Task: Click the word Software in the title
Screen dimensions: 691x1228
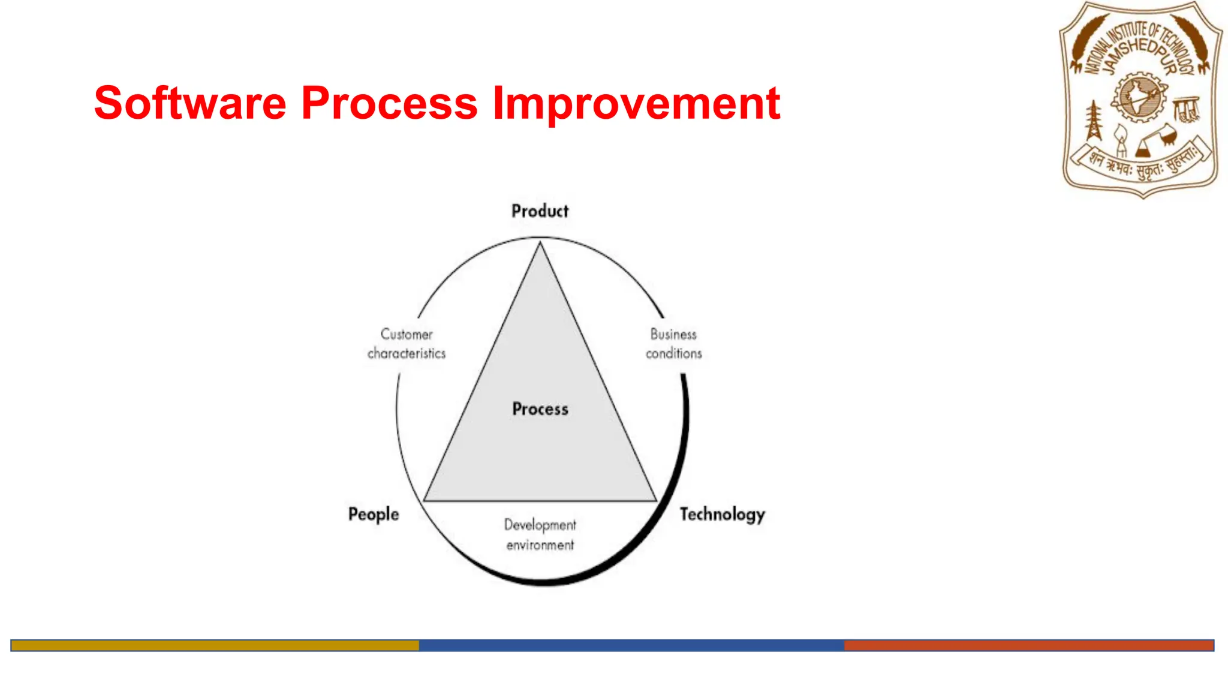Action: point(190,103)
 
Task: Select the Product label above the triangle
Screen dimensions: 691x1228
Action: point(540,211)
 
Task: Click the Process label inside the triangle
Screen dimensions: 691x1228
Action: point(540,409)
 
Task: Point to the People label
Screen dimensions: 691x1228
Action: point(374,515)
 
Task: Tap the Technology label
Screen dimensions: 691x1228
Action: point(722,515)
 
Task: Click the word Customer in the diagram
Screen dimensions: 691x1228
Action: point(407,334)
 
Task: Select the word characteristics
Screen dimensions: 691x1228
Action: point(407,354)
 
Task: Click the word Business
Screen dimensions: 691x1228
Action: point(673,334)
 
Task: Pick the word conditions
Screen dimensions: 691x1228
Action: point(673,354)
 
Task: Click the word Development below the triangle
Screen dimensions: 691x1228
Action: point(540,525)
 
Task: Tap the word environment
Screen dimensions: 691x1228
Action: point(540,545)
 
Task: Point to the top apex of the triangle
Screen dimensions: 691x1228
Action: point(540,243)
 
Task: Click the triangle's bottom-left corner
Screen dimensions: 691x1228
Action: point(425,500)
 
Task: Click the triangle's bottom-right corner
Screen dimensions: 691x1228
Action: point(656,500)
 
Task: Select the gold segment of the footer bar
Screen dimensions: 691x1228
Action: point(215,645)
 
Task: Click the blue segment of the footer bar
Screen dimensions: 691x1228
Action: point(631,645)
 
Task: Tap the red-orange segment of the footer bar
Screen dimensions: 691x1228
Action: point(1028,645)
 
